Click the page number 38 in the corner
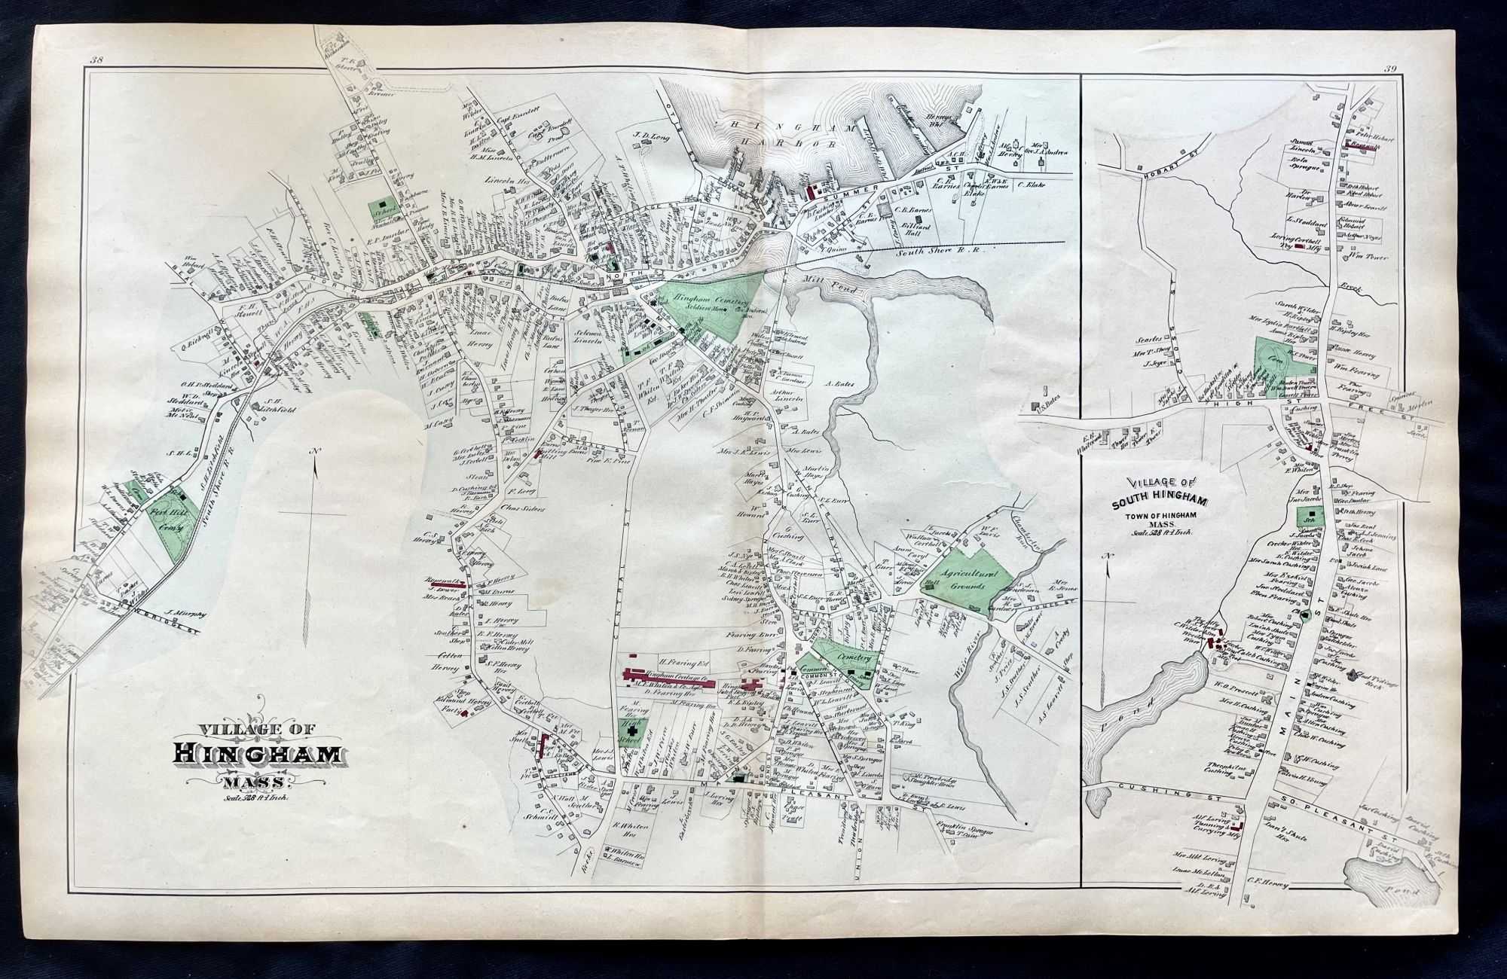coord(96,61)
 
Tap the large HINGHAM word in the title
coord(259,754)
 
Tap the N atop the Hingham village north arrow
coord(314,451)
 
